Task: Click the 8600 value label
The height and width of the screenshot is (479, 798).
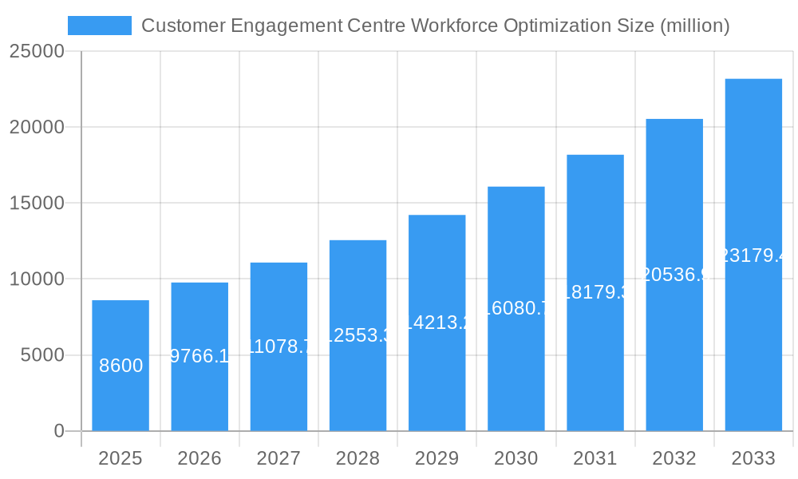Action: [121, 366]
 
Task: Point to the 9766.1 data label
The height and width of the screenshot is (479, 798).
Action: [200, 356]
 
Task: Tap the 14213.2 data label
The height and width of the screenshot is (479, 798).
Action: [437, 323]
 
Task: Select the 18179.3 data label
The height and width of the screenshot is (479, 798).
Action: [595, 292]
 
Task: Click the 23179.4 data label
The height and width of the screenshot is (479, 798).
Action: [753, 255]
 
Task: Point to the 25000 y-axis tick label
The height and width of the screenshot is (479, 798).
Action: [37, 51]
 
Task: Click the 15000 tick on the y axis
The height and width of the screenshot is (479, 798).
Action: [37, 203]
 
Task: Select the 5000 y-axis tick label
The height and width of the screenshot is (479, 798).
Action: [42, 355]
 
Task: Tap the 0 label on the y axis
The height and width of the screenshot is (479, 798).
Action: [59, 431]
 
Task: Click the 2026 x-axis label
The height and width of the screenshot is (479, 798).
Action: [199, 458]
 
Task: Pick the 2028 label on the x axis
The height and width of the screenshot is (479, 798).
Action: [358, 458]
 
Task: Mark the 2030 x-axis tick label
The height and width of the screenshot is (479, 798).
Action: [516, 458]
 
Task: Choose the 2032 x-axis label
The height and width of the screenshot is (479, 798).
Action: [674, 458]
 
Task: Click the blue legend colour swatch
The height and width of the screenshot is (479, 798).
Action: [100, 26]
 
